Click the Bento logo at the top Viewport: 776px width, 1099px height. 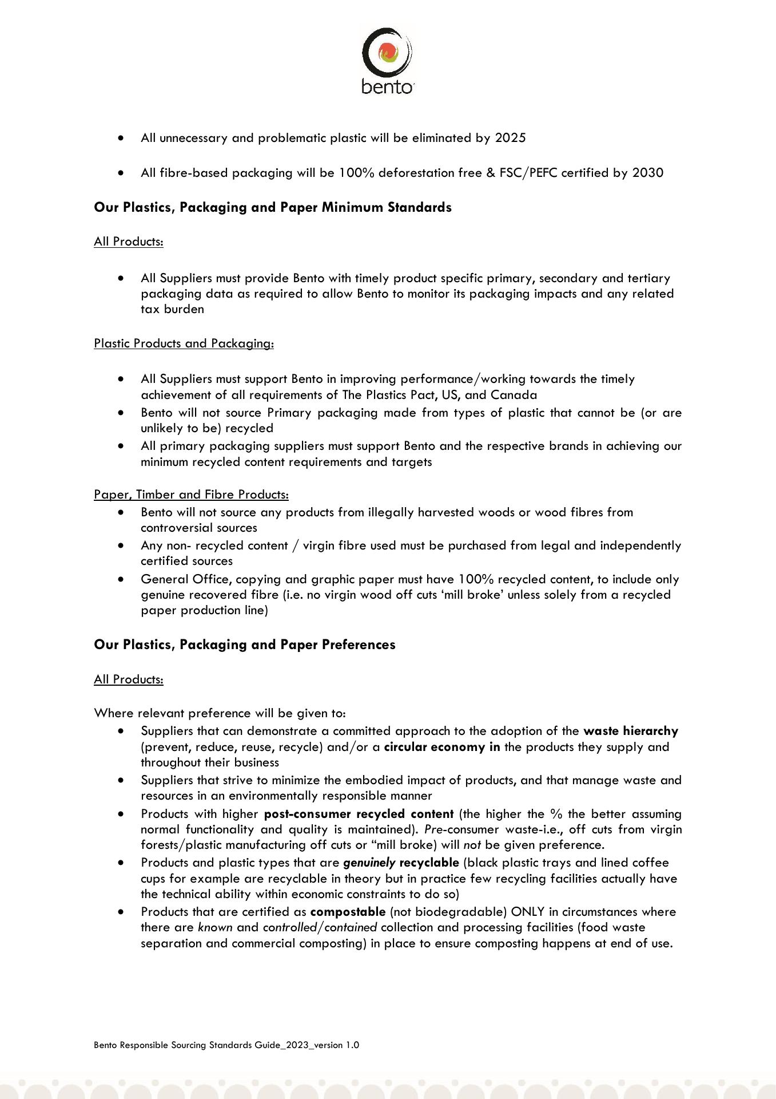click(387, 60)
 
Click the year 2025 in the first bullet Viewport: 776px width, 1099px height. click(510, 138)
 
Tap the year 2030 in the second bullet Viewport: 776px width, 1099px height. click(647, 173)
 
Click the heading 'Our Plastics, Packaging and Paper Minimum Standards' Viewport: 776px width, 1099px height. click(273, 207)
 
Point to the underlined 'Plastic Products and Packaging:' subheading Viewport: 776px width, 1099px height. click(184, 343)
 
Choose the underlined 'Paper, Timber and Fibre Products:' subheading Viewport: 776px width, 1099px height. click(191, 495)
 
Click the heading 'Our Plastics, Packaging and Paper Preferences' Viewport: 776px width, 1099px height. click(245, 645)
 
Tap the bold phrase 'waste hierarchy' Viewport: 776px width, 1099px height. click(630, 731)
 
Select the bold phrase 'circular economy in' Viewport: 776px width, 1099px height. click(442, 747)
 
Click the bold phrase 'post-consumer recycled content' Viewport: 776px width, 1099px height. click(359, 814)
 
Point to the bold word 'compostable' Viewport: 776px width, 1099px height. click(348, 912)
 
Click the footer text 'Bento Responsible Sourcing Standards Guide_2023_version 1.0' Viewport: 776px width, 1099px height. click(226, 1045)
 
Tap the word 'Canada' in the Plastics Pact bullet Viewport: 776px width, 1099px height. click(514, 395)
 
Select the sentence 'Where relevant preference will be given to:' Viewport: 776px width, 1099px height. click(220, 713)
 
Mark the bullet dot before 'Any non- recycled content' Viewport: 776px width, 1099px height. click(121, 545)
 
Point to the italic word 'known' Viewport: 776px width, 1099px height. click(215, 927)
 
